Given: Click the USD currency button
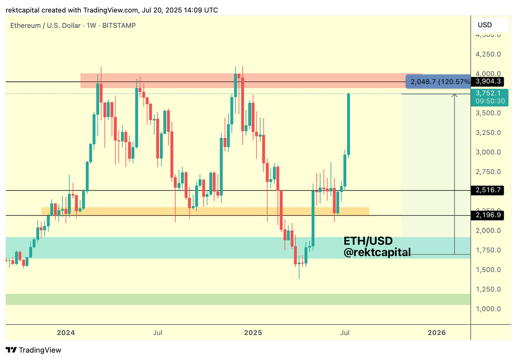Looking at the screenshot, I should coord(485,25).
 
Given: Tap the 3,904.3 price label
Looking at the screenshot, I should coord(487,81).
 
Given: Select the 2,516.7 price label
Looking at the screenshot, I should coord(487,190).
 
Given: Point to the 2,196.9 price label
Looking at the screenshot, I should coord(487,215).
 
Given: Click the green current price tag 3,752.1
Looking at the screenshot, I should coord(488,93).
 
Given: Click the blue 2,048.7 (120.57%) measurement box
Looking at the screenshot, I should coord(439,81).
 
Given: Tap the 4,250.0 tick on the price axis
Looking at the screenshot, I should coord(488,54).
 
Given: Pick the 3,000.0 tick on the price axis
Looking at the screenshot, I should coord(488,152).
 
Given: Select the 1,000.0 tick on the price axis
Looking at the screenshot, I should coord(488,309).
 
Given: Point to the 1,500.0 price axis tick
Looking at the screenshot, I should coord(488,270).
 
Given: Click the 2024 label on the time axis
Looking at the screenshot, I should coord(66,332).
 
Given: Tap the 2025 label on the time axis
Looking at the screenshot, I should coord(253,332).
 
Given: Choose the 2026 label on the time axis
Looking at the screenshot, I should coord(436,332).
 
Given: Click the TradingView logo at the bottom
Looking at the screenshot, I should coord(34,350).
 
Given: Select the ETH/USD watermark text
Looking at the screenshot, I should coord(368,241).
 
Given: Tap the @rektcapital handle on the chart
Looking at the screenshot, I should coord(377,253).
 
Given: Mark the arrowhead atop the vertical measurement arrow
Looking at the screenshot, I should coord(454,95).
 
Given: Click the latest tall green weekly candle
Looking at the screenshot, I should coord(349,124).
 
